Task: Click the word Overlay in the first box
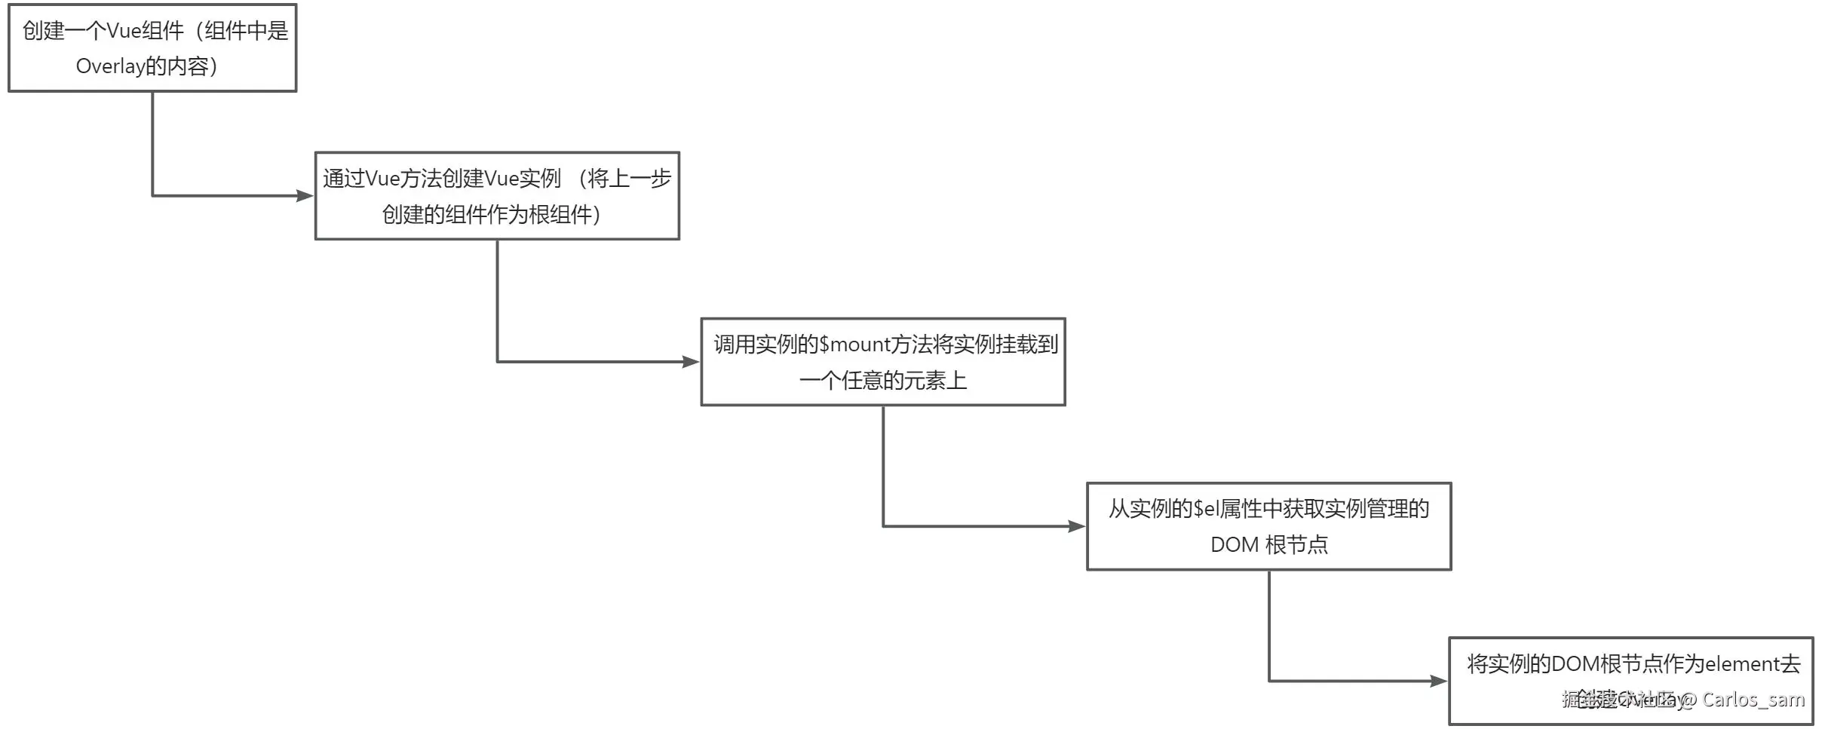click(110, 67)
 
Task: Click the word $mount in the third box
click(854, 345)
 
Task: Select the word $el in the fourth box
click(1207, 510)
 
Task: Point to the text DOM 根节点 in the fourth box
click(1268, 545)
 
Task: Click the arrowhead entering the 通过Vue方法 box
click(305, 196)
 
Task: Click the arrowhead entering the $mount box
click(691, 362)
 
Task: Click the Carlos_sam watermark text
click(1753, 700)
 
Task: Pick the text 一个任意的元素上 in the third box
click(882, 381)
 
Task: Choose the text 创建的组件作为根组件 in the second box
click(486, 216)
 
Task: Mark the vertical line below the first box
click(152, 143)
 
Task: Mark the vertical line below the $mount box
click(883, 466)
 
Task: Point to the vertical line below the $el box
click(1269, 626)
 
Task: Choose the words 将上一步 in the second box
click(629, 179)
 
